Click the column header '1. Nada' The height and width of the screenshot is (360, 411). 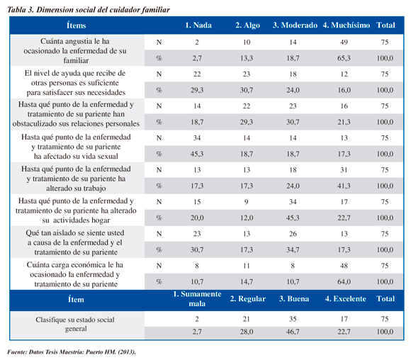(x=198, y=26)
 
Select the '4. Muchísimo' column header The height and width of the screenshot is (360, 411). (x=347, y=26)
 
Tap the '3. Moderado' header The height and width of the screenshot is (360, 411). (x=295, y=26)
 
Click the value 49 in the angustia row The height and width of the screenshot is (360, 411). (x=344, y=42)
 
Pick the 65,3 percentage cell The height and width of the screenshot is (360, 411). (x=344, y=58)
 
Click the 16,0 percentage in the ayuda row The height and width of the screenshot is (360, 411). (x=344, y=90)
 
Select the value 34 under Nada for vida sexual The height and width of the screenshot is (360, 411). (x=197, y=138)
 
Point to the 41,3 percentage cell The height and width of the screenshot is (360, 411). (x=344, y=186)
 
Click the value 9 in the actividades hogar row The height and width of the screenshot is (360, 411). (x=247, y=202)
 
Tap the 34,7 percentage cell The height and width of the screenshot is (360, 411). (x=293, y=249)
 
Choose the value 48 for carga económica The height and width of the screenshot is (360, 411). (x=344, y=266)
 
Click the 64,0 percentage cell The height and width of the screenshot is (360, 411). (x=344, y=281)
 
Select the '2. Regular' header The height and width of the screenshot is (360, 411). (x=248, y=299)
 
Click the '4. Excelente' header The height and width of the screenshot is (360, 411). (x=346, y=299)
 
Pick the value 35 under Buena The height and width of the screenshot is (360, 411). (x=293, y=319)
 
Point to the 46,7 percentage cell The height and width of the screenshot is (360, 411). (x=293, y=332)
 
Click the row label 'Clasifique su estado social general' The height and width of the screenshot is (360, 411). (x=76, y=324)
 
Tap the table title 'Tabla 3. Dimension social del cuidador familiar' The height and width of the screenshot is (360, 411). (x=89, y=10)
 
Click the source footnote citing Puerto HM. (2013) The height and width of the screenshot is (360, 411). (x=72, y=352)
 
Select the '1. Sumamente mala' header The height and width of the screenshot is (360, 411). (x=197, y=299)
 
